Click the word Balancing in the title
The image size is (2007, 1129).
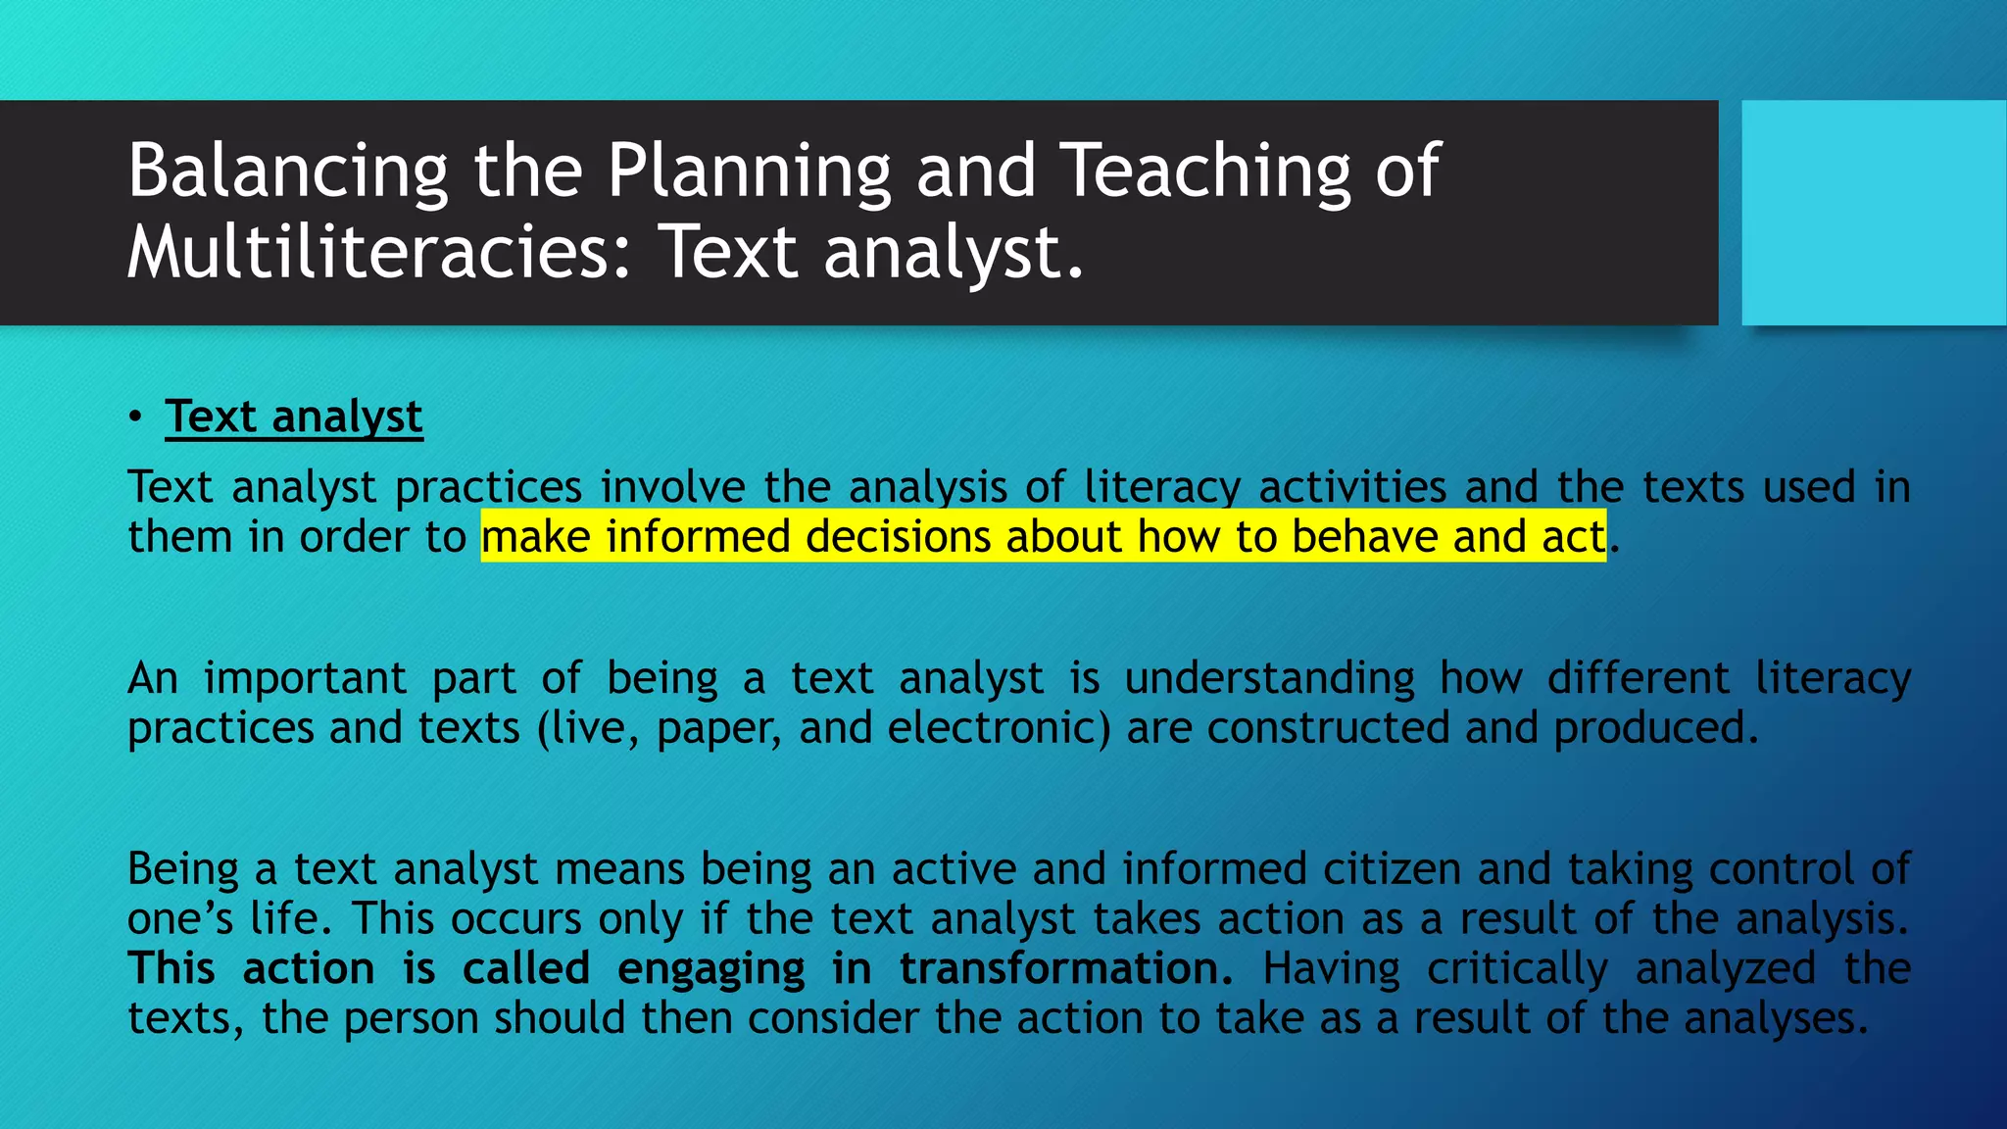click(287, 172)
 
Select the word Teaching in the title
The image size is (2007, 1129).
click(1206, 172)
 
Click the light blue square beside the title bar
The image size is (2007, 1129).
click(1873, 213)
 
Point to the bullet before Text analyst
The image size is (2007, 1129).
click(135, 417)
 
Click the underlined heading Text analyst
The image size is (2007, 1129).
click(294, 417)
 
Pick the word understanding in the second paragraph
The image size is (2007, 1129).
click(1269, 678)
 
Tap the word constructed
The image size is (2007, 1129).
click(1328, 728)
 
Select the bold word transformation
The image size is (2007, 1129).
click(1065, 969)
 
